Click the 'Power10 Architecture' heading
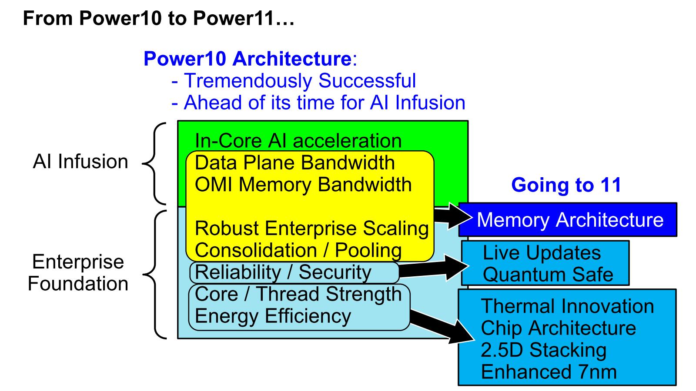pyautogui.click(x=247, y=59)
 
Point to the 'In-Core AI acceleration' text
pyautogui.click(x=298, y=141)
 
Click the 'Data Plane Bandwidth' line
pyautogui.click(x=294, y=163)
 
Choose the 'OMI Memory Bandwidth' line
pyautogui.click(x=303, y=185)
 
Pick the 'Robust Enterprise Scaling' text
pyautogui.click(x=311, y=229)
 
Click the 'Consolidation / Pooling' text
pyautogui.click(x=298, y=251)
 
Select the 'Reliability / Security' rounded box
pyautogui.click(x=294, y=273)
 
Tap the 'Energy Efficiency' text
pyautogui.click(x=273, y=316)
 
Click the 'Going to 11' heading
pyautogui.click(x=566, y=185)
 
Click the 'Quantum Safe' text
pyautogui.click(x=548, y=275)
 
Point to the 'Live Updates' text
pyautogui.click(x=542, y=253)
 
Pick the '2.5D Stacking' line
pyautogui.click(x=543, y=350)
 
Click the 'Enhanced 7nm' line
pyautogui.click(x=549, y=372)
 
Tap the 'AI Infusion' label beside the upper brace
pyautogui.click(x=80, y=162)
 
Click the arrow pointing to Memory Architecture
pyautogui.click(x=452, y=215)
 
